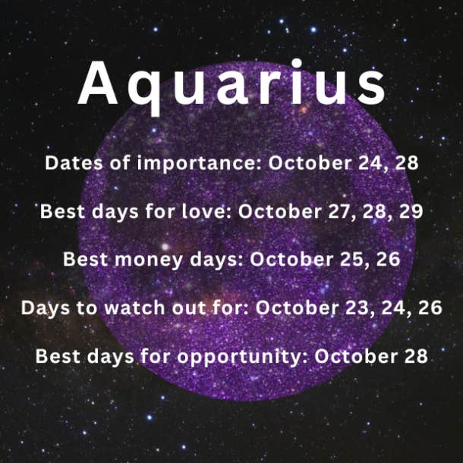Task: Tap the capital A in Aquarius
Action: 98,83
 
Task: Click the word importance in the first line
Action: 200,164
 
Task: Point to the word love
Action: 206,212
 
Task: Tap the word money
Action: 149,260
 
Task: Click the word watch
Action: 134,307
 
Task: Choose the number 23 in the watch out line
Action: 359,307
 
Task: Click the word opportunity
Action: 242,357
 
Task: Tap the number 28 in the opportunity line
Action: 416,356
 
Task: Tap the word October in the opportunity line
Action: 357,356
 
